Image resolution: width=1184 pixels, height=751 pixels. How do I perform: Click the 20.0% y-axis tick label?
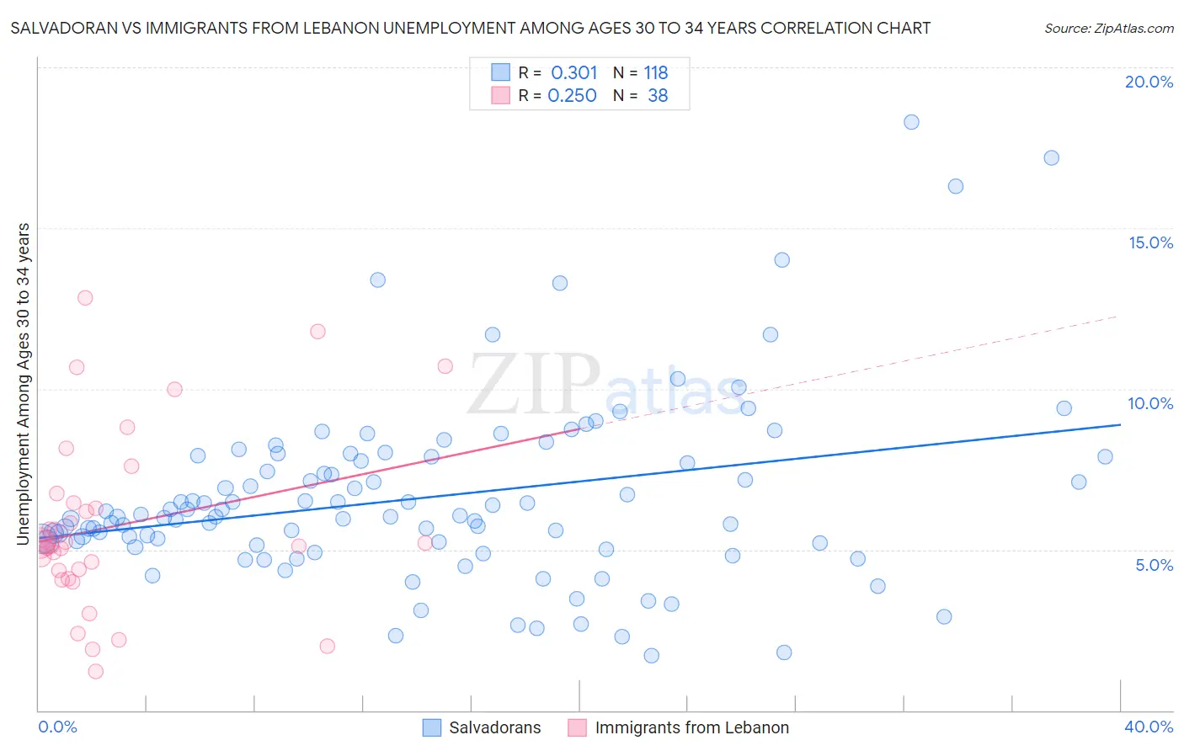[x=1149, y=82]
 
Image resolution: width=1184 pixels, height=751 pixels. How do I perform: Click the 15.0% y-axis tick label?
[x=1150, y=242]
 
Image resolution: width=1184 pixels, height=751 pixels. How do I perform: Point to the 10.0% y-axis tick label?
[x=1150, y=403]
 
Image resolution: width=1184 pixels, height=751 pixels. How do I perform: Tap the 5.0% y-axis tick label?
[x=1154, y=565]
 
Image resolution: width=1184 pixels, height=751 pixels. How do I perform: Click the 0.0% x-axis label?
[x=57, y=727]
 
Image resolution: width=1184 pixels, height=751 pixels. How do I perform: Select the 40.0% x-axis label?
[x=1149, y=727]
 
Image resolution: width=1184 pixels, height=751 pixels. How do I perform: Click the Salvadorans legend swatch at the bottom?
[x=432, y=727]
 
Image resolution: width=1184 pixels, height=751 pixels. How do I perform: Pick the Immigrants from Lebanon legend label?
[x=691, y=727]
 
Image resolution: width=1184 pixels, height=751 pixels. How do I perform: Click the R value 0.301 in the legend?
[x=574, y=73]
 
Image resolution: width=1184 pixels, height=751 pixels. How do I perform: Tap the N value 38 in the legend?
[x=658, y=96]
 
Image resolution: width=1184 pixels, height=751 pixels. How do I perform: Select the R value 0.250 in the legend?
[x=573, y=96]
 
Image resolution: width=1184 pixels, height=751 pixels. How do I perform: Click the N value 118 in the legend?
[x=656, y=73]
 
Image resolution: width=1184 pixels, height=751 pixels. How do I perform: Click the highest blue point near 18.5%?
[x=911, y=122]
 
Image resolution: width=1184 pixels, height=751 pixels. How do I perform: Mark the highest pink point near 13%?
[x=85, y=298]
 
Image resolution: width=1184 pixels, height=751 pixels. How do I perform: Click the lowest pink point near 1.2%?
[x=96, y=671]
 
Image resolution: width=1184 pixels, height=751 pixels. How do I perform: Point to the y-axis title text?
[x=24, y=383]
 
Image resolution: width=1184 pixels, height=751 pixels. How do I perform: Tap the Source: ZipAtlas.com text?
[x=1108, y=29]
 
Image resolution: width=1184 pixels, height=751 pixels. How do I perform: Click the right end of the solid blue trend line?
[x=1120, y=425]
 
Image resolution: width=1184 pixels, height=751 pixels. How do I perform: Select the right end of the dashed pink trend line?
[x=1117, y=316]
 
